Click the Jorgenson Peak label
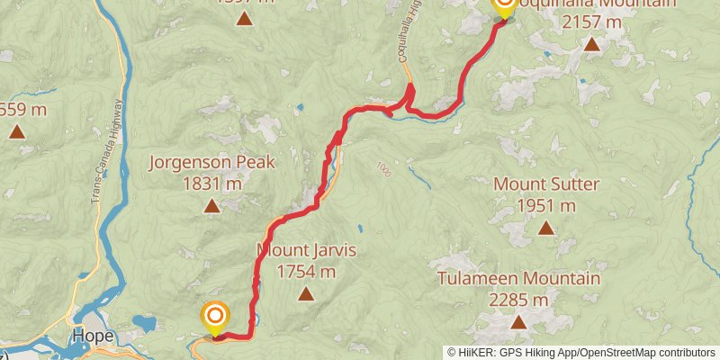click(211, 163)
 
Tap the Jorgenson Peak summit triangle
click(211, 206)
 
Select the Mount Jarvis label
click(307, 250)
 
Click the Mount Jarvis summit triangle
click(307, 293)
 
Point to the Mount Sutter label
click(546, 184)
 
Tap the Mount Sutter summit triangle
click(546, 228)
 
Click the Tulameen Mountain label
click(518, 278)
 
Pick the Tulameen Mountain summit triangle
click(518, 321)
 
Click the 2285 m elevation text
click(518, 299)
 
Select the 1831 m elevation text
click(211, 184)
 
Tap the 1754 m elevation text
click(307, 271)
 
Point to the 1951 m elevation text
click(546, 206)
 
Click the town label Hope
click(94, 337)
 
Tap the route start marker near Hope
click(215, 317)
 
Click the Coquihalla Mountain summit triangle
click(591, 43)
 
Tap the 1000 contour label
click(384, 169)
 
